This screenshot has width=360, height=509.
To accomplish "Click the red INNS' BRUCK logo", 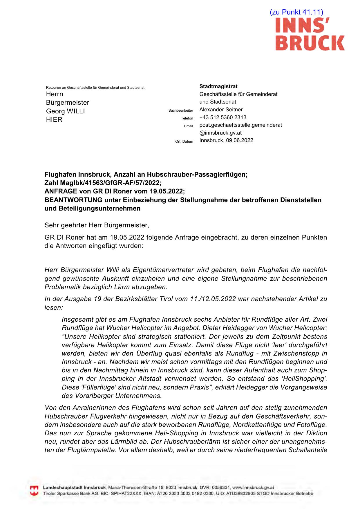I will click(310, 34).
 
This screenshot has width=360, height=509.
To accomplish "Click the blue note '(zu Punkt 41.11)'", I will click(296, 12).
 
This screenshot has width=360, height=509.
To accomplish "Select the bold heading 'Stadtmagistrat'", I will click(218, 86).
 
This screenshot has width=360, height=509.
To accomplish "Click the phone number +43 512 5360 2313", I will click(223, 117).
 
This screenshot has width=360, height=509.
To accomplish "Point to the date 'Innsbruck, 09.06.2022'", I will click(226, 140).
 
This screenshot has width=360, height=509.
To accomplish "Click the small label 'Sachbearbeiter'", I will click(180, 111).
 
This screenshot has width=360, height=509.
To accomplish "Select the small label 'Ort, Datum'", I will click(184, 142).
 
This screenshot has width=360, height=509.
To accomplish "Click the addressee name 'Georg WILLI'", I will click(65, 111).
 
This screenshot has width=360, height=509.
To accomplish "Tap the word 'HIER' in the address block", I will click(54, 119).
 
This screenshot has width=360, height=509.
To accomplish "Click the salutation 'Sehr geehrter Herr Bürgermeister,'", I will click(97, 225).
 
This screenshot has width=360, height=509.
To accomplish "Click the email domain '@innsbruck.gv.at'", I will click(220, 133).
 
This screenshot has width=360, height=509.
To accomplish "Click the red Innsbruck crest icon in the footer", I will click(34, 490).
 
